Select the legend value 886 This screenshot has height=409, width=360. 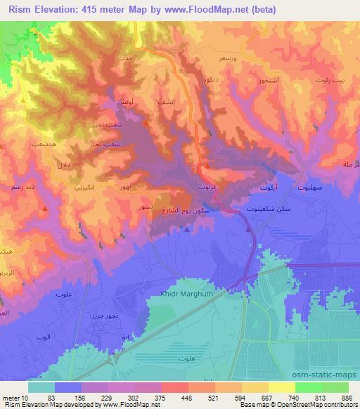[347, 398]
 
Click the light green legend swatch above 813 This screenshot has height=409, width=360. [308, 387]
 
